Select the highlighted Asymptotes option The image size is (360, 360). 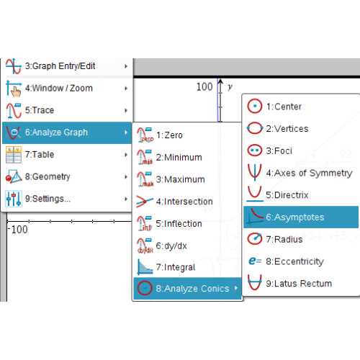coord(301,217)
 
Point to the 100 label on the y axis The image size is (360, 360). coord(204,86)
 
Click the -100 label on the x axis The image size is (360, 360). coord(18,230)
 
